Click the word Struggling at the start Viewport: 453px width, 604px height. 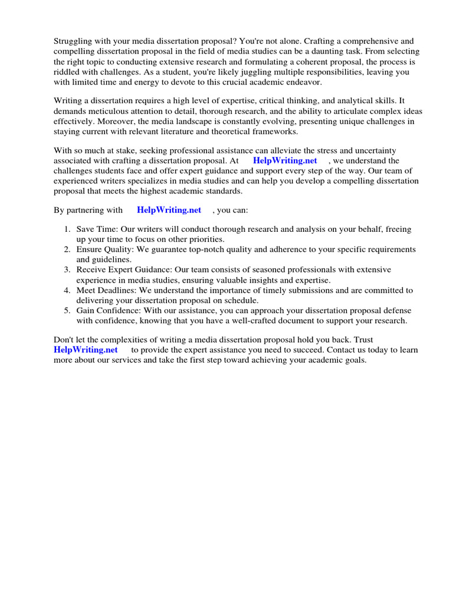pos(74,41)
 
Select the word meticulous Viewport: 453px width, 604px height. pos(107,111)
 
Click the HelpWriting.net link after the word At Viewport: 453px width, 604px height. pos(285,160)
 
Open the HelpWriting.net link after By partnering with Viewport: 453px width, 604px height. pos(169,209)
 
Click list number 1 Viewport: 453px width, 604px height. pos(68,229)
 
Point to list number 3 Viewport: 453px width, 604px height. pos(68,270)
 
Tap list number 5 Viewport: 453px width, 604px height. pos(68,310)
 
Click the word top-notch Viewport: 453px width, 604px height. pos(213,250)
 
